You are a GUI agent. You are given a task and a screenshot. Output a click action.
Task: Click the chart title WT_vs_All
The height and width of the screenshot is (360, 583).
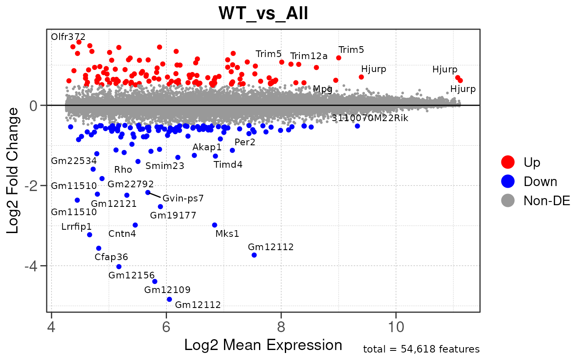263,13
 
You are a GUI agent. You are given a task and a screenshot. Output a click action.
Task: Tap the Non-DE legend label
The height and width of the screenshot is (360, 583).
546,201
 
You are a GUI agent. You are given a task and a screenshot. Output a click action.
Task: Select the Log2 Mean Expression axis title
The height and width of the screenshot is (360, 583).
263,345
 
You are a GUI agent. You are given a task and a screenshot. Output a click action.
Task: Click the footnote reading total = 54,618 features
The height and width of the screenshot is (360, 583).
421,349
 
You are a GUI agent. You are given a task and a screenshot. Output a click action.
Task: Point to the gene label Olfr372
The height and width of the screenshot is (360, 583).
68,37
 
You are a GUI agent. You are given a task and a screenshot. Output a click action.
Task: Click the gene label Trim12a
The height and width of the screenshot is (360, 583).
309,56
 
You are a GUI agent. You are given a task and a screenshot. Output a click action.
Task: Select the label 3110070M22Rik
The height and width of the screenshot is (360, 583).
370,118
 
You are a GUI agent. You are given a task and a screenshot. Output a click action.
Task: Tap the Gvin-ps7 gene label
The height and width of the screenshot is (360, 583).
183,198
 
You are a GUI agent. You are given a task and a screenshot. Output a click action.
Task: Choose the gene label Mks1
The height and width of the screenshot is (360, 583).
227,233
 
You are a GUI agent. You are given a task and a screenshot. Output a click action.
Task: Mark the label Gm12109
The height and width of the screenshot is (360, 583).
167,289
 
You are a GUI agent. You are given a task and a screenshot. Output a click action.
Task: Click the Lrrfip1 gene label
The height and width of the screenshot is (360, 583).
76,226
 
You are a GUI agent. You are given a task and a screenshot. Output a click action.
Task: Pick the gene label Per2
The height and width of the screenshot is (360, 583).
245,142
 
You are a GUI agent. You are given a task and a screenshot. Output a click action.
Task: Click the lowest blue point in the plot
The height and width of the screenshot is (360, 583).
169,299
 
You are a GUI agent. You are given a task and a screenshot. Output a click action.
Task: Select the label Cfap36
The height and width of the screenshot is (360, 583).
111,257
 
